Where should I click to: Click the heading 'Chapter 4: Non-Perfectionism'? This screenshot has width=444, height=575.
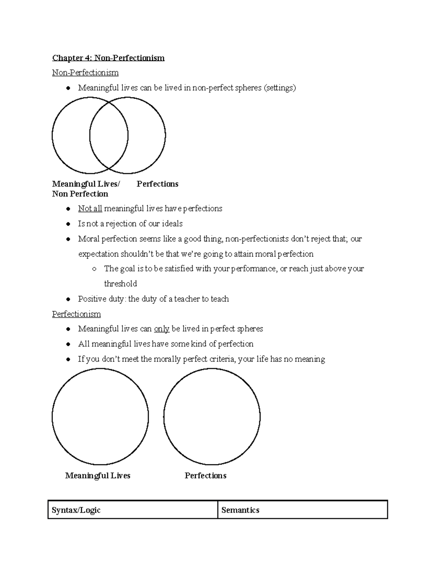pyautogui.click(x=108, y=58)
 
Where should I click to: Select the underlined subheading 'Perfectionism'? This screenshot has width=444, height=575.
pyautogui.click(x=76, y=314)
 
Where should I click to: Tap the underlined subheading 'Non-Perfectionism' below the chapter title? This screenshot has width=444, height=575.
pyautogui.click(x=85, y=73)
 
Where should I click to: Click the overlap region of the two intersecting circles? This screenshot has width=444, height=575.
pyautogui.click(x=109, y=136)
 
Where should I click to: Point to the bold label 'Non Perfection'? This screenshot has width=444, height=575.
pyautogui.click(x=80, y=194)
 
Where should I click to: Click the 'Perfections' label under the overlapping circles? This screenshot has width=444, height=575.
pyautogui.click(x=157, y=184)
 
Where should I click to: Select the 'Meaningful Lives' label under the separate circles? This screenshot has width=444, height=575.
pyautogui.click(x=98, y=476)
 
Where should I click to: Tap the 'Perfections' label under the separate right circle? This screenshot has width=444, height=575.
pyautogui.click(x=205, y=476)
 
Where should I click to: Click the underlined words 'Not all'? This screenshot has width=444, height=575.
pyautogui.click(x=90, y=209)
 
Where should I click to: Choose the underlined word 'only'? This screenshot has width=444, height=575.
pyautogui.click(x=162, y=329)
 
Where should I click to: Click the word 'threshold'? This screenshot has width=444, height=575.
pyautogui.click(x=121, y=284)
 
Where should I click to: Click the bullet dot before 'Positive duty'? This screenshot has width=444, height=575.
pyautogui.click(x=68, y=299)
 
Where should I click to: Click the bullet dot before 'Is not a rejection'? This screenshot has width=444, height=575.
pyautogui.click(x=68, y=224)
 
